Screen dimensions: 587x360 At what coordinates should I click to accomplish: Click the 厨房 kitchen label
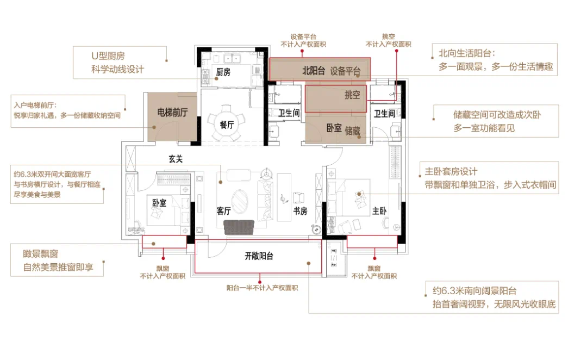[x=223, y=72]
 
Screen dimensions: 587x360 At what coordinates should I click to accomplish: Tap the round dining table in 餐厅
[x=227, y=124]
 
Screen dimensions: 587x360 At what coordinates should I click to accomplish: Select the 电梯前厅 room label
[x=172, y=112]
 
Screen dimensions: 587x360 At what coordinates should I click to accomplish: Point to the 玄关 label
[x=176, y=159]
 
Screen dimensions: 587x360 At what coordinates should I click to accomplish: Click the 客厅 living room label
[x=223, y=211]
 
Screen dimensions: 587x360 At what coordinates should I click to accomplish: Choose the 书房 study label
[x=300, y=211]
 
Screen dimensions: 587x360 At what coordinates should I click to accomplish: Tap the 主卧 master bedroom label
[x=379, y=211]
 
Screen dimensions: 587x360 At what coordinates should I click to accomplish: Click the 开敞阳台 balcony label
[x=259, y=256]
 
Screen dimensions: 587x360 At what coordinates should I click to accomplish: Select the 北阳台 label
[x=314, y=71]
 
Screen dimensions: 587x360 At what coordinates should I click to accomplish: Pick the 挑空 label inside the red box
[x=352, y=95]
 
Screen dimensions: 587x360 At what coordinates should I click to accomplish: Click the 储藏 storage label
[x=352, y=131]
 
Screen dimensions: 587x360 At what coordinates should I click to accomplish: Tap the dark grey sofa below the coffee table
[x=239, y=227]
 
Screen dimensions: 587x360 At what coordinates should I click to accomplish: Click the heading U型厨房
[x=108, y=56]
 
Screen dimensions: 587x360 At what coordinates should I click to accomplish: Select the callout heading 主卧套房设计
[x=451, y=172]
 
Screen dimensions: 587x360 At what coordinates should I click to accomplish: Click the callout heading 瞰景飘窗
[x=40, y=253]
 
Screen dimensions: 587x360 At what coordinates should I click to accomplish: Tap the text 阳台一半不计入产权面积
[x=262, y=288]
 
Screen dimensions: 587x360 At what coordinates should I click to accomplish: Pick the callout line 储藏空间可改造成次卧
[x=497, y=115]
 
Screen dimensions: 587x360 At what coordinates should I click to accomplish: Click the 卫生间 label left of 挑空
[x=289, y=113]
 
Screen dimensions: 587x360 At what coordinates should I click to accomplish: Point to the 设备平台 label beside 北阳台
[x=345, y=71]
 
